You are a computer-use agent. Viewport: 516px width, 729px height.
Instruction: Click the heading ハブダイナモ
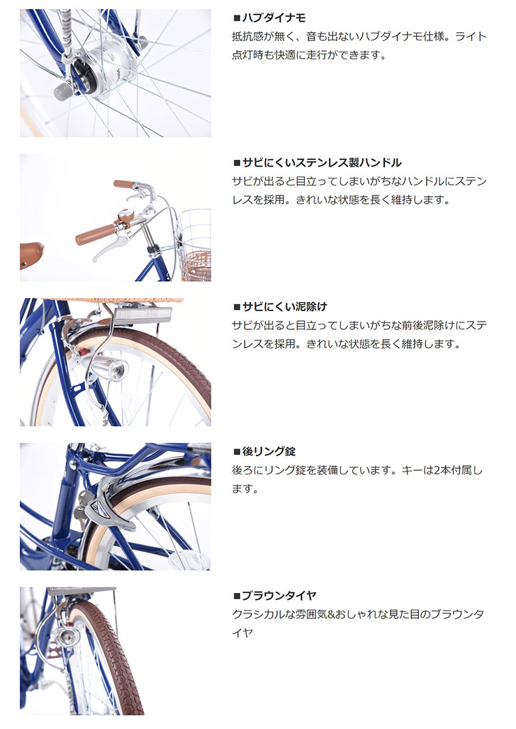[273, 18]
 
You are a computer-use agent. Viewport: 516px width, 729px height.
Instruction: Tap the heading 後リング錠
[268, 451]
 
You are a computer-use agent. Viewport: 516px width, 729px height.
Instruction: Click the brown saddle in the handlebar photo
[31, 250]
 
